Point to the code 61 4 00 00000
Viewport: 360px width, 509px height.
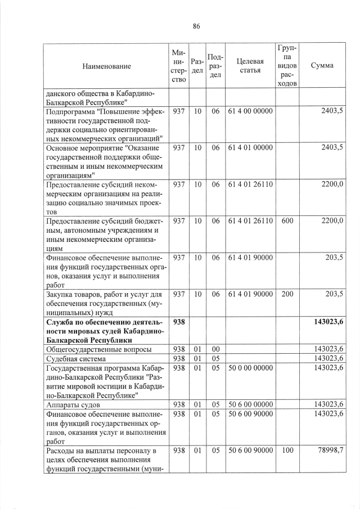tap(250, 111)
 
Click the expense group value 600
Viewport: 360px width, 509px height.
tap(287, 220)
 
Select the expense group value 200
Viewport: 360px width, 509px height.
tap(287, 294)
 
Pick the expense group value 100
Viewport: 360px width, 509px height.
tap(287, 451)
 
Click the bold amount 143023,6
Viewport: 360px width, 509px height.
tap(325, 322)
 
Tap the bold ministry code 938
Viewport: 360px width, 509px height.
tap(179, 322)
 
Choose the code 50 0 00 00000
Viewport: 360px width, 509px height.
tap(250, 367)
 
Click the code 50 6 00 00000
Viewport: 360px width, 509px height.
tap(250, 404)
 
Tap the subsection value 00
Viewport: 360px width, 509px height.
tap(215, 349)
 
